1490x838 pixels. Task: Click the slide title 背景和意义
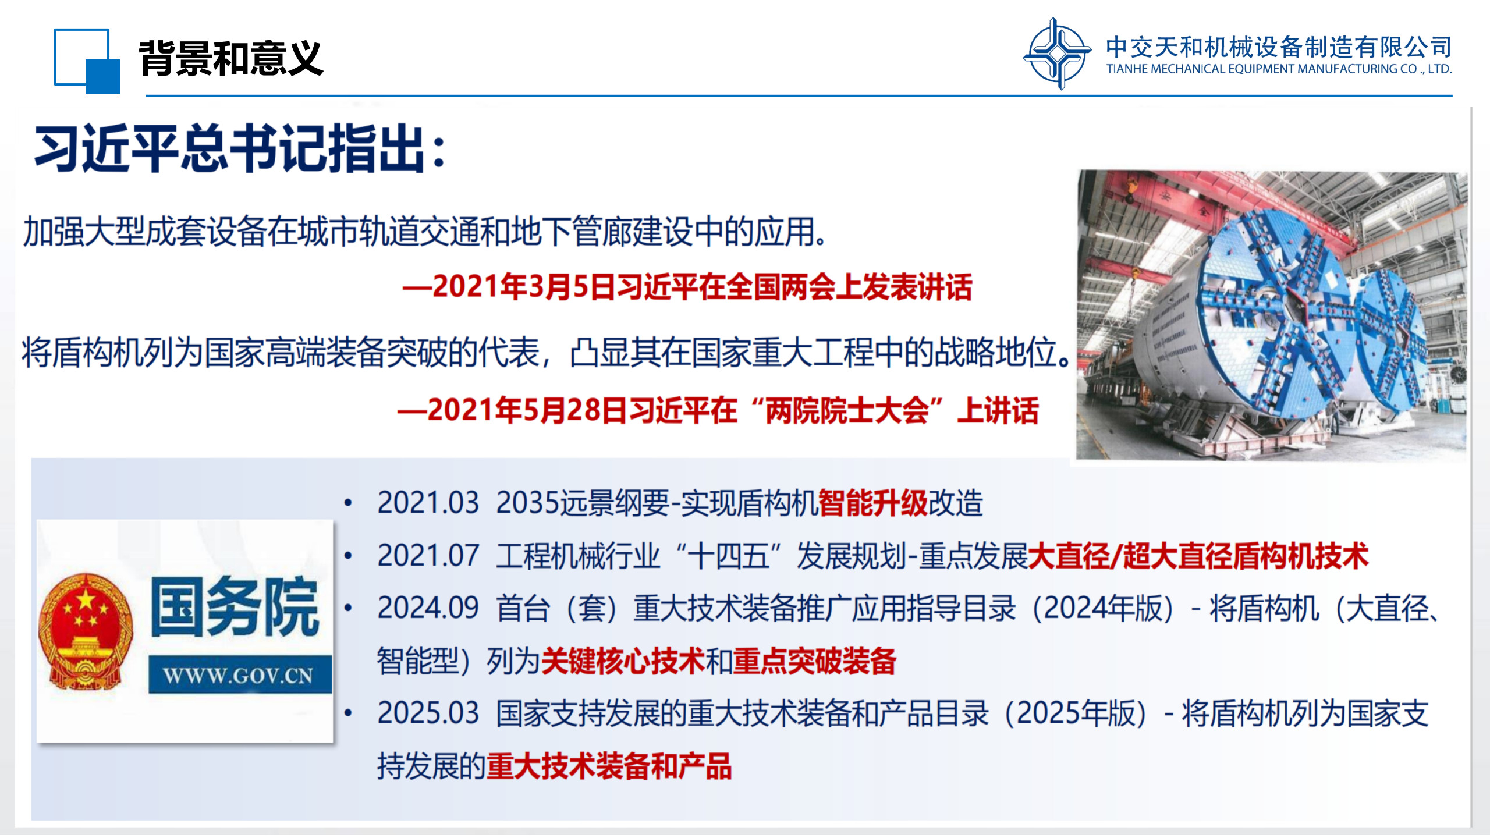(x=230, y=58)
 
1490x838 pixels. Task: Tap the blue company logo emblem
(x=1057, y=54)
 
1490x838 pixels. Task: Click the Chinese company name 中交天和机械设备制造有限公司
(x=1279, y=47)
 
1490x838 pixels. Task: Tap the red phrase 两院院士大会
(x=847, y=410)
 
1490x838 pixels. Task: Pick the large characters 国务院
(x=235, y=606)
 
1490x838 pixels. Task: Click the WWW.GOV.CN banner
(x=240, y=675)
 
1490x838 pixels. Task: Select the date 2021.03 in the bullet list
(x=428, y=503)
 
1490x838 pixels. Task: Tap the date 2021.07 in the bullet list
(x=428, y=555)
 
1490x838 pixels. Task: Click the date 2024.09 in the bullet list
(x=428, y=608)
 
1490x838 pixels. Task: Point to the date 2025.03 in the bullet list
(x=428, y=713)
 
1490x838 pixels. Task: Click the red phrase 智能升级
(x=872, y=503)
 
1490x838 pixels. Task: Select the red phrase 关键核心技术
(x=623, y=661)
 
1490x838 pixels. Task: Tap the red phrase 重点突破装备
(x=815, y=661)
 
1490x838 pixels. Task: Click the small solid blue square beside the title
(x=102, y=76)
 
